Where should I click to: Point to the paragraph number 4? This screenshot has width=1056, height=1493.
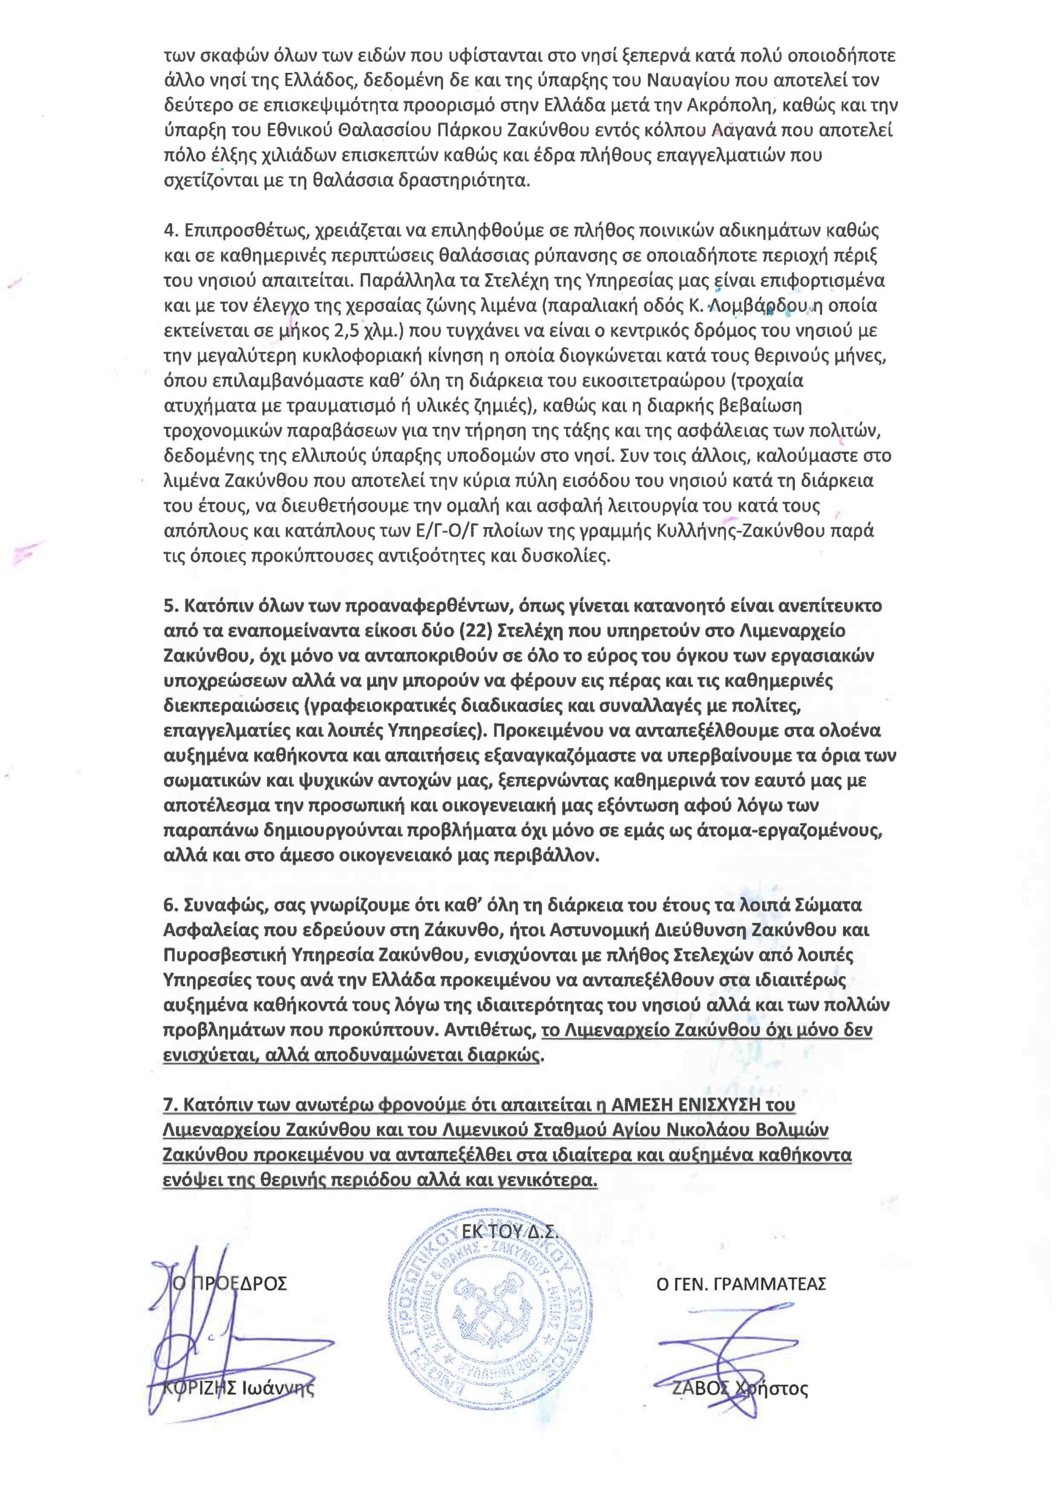click(170, 231)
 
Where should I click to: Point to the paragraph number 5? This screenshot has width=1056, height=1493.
click(170, 606)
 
